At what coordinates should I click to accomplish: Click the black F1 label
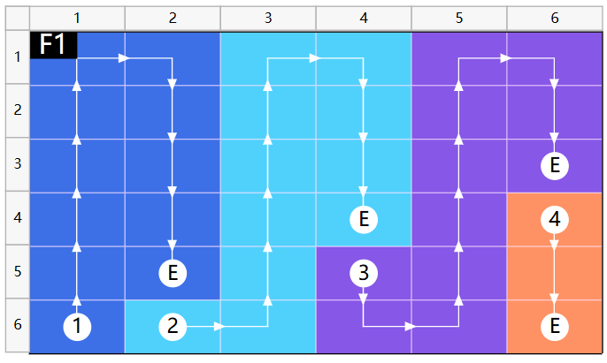53,45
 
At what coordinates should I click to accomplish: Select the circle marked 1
77,326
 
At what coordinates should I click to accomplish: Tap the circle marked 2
173,326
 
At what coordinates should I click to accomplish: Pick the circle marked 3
364,273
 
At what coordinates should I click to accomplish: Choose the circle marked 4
554,219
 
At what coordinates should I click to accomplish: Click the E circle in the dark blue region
173,273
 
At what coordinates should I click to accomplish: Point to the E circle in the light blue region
364,219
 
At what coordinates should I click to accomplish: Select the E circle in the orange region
554,326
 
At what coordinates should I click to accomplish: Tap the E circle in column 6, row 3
554,166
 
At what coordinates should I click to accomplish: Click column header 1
77,18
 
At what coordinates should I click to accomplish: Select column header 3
268,18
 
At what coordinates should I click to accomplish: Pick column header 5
458,18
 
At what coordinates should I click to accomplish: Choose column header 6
554,18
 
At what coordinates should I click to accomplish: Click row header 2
18,110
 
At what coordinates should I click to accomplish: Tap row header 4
18,218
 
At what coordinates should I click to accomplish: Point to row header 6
18,325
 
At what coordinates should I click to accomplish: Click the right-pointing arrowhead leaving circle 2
219,326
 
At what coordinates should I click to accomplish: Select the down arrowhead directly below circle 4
554,245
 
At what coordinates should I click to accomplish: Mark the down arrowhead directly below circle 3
364,299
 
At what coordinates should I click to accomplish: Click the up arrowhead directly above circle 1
77,300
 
